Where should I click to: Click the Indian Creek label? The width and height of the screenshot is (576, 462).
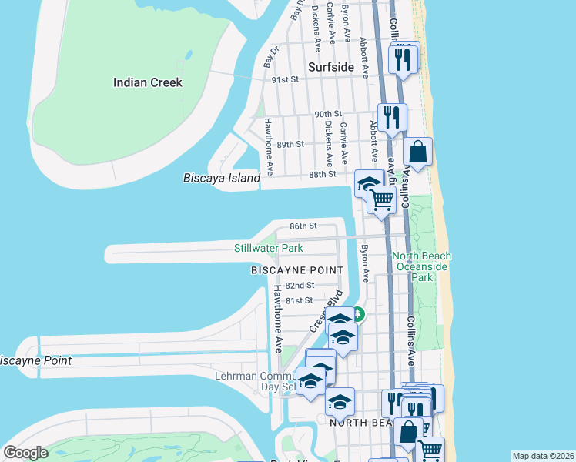click(148, 82)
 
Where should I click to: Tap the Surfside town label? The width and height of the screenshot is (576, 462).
click(330, 67)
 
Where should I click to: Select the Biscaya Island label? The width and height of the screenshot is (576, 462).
click(222, 178)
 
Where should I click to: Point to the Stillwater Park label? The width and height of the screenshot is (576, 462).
click(269, 248)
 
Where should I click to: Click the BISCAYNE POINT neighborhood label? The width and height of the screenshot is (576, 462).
click(296, 270)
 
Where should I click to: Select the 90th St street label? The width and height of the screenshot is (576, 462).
click(328, 114)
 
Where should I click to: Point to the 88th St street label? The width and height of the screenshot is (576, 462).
click(323, 174)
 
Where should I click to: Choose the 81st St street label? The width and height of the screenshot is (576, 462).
click(299, 300)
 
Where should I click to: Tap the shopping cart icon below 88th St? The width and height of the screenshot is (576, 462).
click(382, 199)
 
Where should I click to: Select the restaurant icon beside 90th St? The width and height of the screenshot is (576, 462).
click(392, 118)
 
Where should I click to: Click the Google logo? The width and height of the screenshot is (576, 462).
click(25, 453)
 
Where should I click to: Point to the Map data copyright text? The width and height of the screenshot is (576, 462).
click(543, 456)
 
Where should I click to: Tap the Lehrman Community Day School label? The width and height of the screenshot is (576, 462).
click(254, 380)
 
